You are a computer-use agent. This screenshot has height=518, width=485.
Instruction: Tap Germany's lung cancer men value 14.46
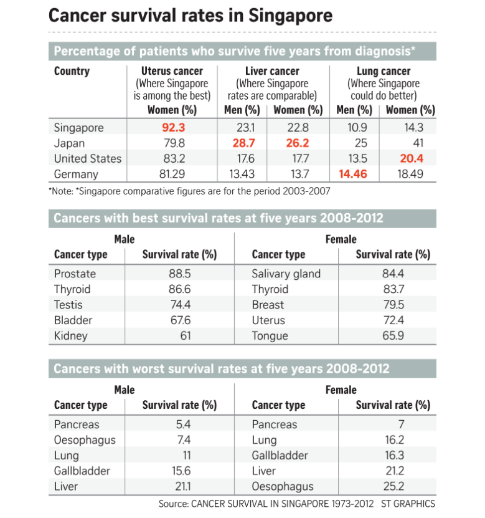[x=352, y=174]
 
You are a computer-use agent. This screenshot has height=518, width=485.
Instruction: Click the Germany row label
[x=77, y=174]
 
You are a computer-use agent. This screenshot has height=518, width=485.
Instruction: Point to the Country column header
[x=72, y=71]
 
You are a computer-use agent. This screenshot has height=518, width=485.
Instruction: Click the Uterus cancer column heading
[x=172, y=71]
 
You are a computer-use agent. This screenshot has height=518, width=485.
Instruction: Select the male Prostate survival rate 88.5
[x=179, y=274]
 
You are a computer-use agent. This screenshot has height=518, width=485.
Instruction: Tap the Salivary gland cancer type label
[x=286, y=274]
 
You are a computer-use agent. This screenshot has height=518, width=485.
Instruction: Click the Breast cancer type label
[x=268, y=305]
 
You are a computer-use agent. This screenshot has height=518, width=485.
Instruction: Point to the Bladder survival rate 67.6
[x=179, y=320]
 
